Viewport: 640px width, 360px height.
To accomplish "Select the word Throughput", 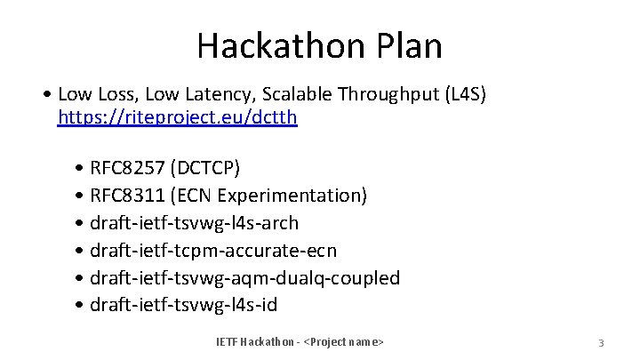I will point(372,93).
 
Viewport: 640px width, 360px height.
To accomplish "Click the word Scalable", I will point(272,93).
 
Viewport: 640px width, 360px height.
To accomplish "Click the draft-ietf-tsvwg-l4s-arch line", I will point(195,223).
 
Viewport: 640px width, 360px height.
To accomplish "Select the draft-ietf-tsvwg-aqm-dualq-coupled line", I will point(245,278).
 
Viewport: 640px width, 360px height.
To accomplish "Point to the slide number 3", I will point(601,343).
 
